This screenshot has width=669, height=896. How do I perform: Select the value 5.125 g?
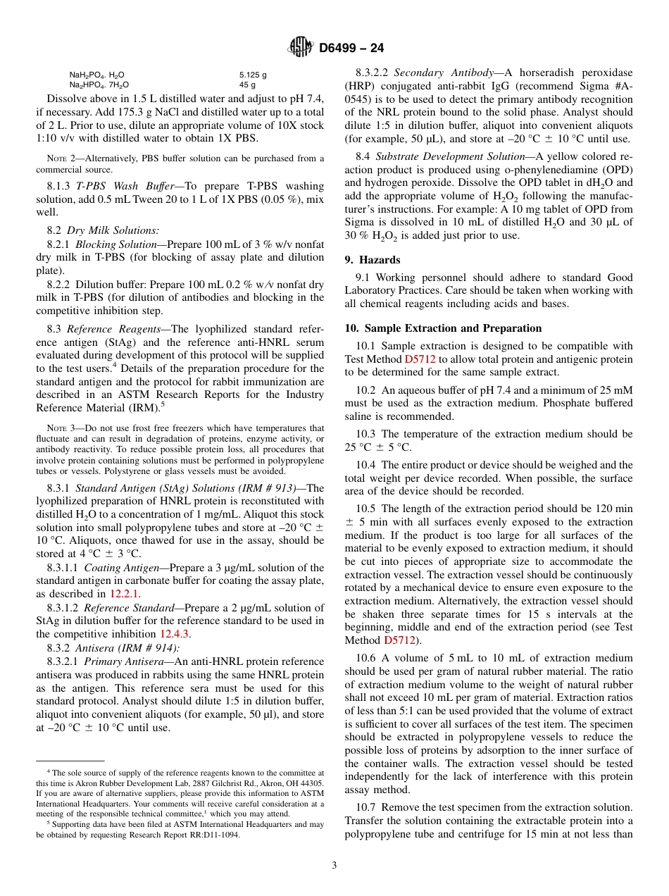point(253,74)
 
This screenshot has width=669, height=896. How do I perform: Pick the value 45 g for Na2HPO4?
point(247,84)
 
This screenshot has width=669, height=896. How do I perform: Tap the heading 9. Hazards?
point(373,260)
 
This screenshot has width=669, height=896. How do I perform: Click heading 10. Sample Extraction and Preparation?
point(443,328)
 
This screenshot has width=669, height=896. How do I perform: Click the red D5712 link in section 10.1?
point(420,359)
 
